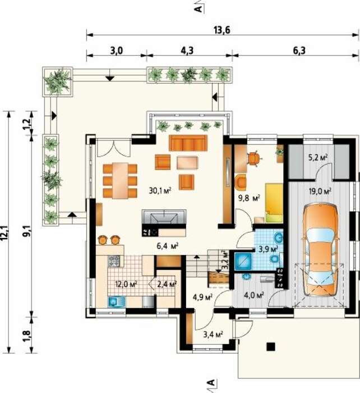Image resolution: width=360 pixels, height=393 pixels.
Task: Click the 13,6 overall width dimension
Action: click(x=221, y=30)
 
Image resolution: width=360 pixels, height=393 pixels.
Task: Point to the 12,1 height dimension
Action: click(x=6, y=232)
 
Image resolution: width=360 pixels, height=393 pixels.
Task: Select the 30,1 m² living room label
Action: click(x=160, y=191)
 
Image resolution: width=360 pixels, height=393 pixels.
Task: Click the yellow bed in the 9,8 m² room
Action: click(x=274, y=203)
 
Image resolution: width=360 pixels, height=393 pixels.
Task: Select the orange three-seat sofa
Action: click(x=188, y=143)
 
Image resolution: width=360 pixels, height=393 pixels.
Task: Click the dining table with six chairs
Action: click(x=120, y=180)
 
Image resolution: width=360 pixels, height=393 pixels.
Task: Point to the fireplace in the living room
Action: click(x=164, y=217)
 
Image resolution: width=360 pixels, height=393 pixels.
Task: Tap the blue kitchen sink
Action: click(x=117, y=301)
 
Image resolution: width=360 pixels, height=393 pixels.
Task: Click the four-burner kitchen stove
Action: click(x=114, y=261)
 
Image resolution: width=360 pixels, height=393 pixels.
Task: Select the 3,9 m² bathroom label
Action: click(x=268, y=249)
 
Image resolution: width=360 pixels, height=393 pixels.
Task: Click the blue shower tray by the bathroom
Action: click(x=243, y=261)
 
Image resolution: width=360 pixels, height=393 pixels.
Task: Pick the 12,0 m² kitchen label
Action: click(x=126, y=284)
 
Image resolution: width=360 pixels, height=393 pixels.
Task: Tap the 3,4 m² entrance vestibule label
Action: click(x=213, y=334)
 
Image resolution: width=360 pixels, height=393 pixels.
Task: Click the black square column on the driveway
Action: click(x=271, y=346)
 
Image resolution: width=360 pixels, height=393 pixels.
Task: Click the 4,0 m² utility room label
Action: click(x=253, y=295)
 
